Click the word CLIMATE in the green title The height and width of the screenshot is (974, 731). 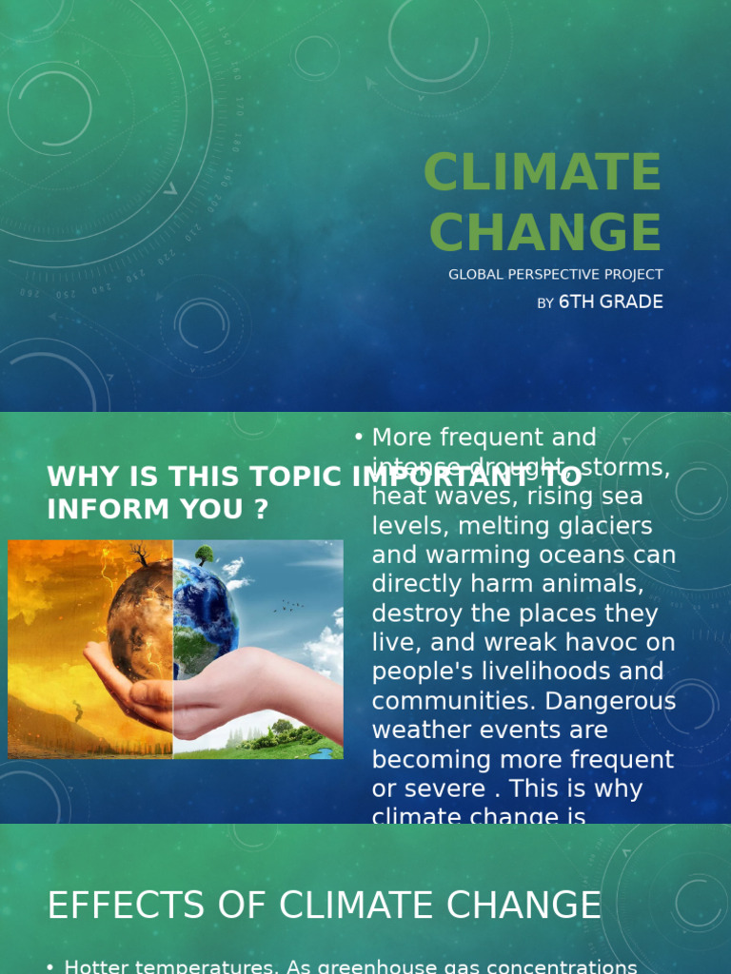pyautogui.click(x=543, y=173)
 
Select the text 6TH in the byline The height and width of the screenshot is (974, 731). pyautogui.click(x=575, y=302)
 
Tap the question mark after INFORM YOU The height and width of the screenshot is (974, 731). pyautogui.click(x=260, y=509)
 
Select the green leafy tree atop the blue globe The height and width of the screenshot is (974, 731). pyautogui.click(x=204, y=554)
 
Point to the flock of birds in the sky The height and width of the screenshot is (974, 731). pyautogui.click(x=289, y=605)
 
